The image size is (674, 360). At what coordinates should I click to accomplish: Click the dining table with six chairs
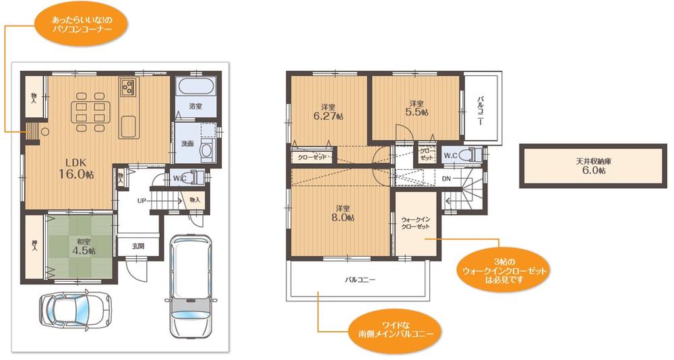91,112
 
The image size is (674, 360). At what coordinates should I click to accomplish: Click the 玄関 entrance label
138,247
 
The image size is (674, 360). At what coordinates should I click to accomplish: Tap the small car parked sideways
75,309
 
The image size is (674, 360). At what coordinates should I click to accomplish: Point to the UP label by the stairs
142,200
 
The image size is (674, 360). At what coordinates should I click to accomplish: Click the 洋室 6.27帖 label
328,112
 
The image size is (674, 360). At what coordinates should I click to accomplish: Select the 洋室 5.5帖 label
417,108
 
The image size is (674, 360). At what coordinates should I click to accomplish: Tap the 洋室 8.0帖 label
342,212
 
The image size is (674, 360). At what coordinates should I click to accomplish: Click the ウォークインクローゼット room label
415,222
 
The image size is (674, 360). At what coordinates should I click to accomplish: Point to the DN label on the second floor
446,179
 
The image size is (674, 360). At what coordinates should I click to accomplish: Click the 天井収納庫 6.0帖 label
594,166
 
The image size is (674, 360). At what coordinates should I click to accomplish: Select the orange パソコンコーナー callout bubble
82,24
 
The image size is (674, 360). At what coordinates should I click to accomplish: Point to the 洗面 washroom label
187,143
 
